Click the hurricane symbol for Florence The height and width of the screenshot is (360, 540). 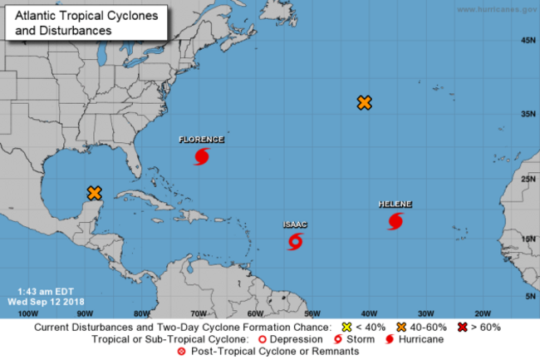pyautogui.click(x=201, y=156)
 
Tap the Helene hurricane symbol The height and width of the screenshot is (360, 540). pyautogui.click(x=395, y=221)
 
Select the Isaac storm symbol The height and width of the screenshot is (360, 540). pyautogui.click(x=295, y=241)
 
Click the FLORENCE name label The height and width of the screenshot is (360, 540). pyautogui.click(x=201, y=140)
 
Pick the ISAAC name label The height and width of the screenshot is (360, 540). pyautogui.click(x=295, y=224)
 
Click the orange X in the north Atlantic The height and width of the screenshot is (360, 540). pyautogui.click(x=364, y=103)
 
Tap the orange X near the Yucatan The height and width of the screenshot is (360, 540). pyautogui.click(x=94, y=193)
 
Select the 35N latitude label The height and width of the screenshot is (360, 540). pyautogui.click(x=527, y=114)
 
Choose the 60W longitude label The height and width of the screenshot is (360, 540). pyautogui.click(x=254, y=313)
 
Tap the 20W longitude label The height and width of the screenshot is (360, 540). pyautogui.click(x=481, y=313)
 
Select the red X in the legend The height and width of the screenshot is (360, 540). pyautogui.click(x=462, y=328)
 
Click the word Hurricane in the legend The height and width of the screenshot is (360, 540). pyautogui.click(x=420, y=339)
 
